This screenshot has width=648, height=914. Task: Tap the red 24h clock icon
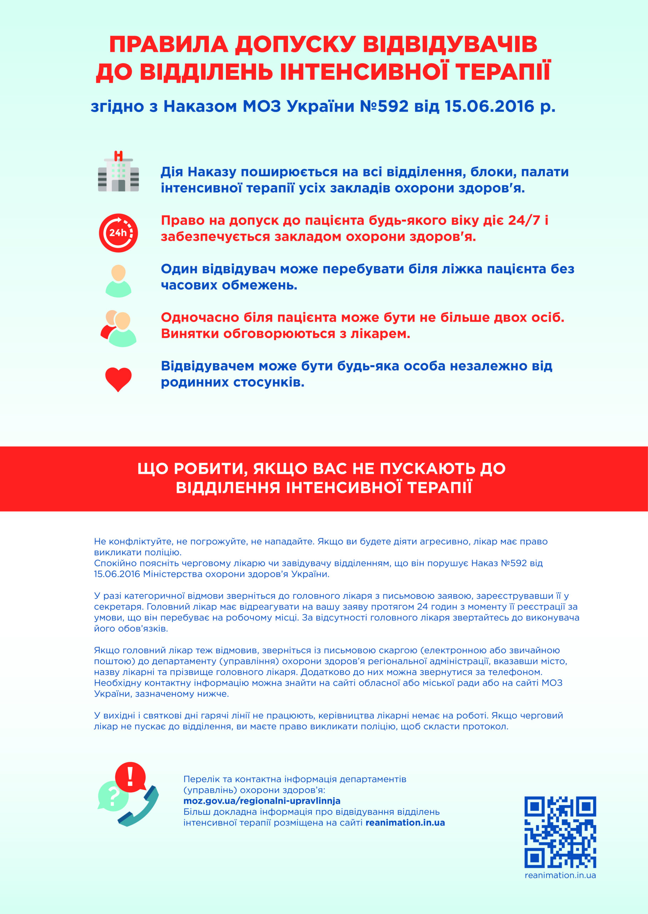pyautogui.click(x=118, y=232)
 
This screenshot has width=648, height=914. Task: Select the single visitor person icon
pyautogui.click(x=118, y=281)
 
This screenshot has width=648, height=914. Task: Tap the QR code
pyautogui.click(x=560, y=832)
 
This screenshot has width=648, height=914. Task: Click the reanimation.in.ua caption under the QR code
pyautogui.click(x=560, y=875)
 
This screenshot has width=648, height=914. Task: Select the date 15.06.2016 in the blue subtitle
pyautogui.click(x=489, y=106)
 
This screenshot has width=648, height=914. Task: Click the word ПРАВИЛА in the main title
pyautogui.click(x=169, y=44)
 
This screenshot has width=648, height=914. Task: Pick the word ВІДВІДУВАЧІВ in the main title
pyautogui.click(x=450, y=44)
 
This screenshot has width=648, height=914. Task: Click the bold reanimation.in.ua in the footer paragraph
pyautogui.click(x=405, y=823)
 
